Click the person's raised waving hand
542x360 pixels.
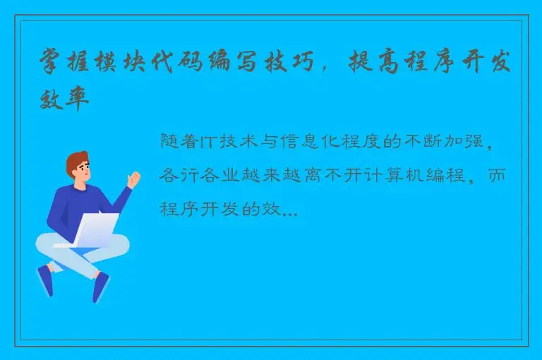[133, 179]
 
